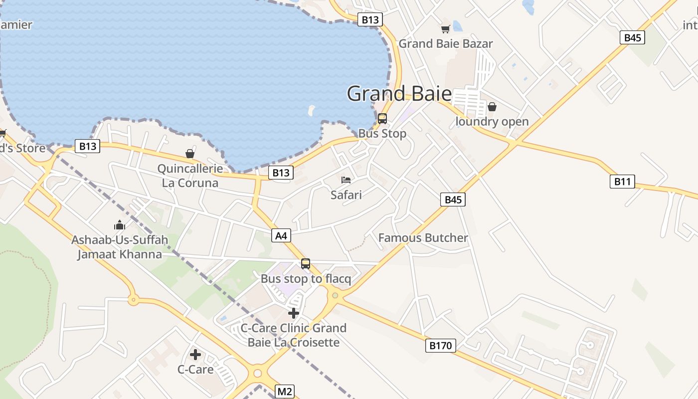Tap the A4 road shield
click(x=281, y=235)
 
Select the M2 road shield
click(x=284, y=392)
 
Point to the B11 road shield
click(x=622, y=182)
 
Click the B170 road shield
click(x=441, y=346)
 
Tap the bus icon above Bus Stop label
click(x=382, y=119)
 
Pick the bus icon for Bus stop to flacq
click(x=306, y=263)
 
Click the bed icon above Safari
click(x=346, y=180)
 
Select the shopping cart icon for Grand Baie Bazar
click(x=445, y=29)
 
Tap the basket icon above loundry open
click(x=492, y=107)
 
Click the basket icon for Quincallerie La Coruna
click(x=190, y=154)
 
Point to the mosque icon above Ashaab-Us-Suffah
click(x=119, y=225)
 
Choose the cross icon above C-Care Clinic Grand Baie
click(x=294, y=313)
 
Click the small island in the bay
click(x=312, y=109)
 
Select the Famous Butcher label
click(x=423, y=238)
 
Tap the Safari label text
click(x=346, y=195)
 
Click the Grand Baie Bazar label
click(x=445, y=44)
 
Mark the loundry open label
click(x=492, y=122)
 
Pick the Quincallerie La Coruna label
click(x=190, y=176)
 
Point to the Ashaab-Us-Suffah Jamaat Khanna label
click(x=119, y=247)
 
